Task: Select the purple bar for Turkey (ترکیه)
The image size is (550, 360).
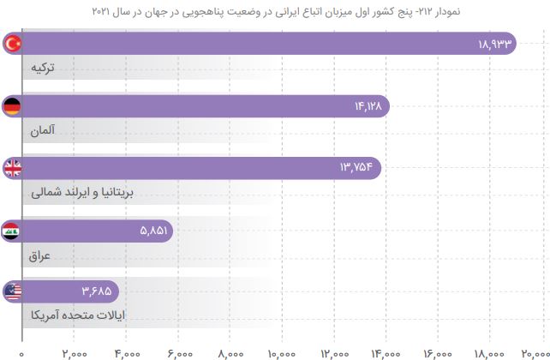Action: pyautogui.click(x=257, y=44)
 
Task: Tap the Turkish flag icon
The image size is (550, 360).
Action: pyautogui.click(x=13, y=44)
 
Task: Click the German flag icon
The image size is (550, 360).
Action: pyautogui.click(x=13, y=106)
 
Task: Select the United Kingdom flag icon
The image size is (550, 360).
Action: pyautogui.click(x=13, y=168)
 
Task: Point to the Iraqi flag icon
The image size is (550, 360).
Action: pyautogui.click(x=13, y=230)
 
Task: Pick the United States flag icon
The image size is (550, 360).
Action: pyautogui.click(x=13, y=291)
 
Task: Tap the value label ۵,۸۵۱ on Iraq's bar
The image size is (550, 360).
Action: pyautogui.click(x=154, y=230)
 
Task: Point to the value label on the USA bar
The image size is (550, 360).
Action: pyautogui.click(x=97, y=291)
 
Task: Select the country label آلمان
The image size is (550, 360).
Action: pyautogui.click(x=42, y=132)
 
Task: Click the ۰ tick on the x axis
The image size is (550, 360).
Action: pyautogui.click(x=21, y=351)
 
